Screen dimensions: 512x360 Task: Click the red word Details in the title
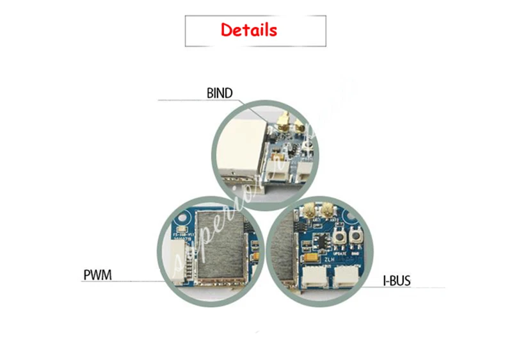pos(249,29)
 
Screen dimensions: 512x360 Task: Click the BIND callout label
pos(220,94)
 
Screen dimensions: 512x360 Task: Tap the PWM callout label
pos(97,276)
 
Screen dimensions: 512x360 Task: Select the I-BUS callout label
pos(397,281)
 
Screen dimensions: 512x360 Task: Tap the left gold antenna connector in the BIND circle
pos(282,120)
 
